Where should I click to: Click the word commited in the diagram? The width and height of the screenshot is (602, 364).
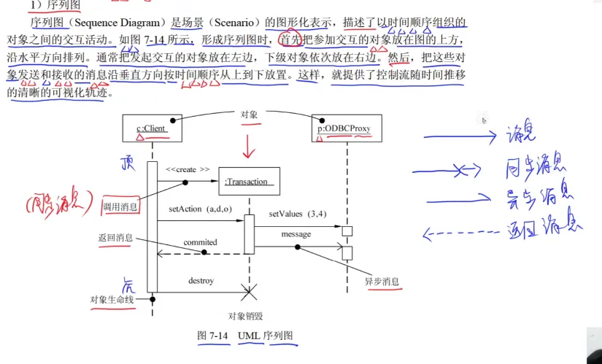coord(200,241)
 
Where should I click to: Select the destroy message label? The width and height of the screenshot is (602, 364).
coord(201,280)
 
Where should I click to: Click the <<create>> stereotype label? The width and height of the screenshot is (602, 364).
coord(188,169)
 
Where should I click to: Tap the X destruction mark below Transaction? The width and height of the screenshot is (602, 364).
coord(250,293)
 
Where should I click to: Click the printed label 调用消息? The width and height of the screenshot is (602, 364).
coord(120,206)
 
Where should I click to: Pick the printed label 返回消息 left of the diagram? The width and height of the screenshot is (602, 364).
coord(116,238)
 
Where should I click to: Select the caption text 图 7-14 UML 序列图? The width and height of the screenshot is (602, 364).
coord(245,336)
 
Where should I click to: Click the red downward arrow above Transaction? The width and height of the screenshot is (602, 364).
coord(250,147)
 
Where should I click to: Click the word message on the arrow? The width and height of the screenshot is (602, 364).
coord(296,234)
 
